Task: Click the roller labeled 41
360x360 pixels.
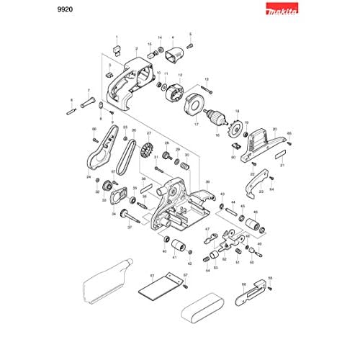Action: coord(174,240)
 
